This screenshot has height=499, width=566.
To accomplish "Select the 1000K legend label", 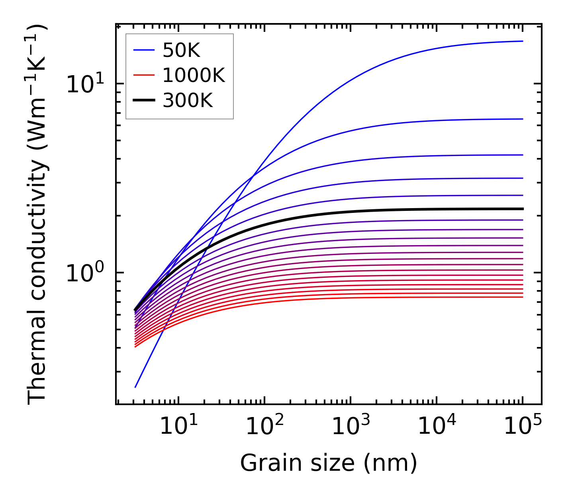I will point(194,75).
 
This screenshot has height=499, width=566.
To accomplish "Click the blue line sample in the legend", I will point(144,50).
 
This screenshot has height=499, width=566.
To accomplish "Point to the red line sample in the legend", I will point(144,75).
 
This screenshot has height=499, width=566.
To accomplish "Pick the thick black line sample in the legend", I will point(144,101).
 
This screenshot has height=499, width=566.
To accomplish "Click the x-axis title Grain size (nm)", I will point(329,463).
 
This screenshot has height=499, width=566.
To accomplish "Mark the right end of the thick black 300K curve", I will point(522,209).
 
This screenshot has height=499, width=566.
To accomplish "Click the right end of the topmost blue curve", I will point(522,41).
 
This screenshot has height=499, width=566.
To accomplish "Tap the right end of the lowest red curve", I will point(522,297).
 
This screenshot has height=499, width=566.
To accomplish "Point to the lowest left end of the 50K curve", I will point(135,387).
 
